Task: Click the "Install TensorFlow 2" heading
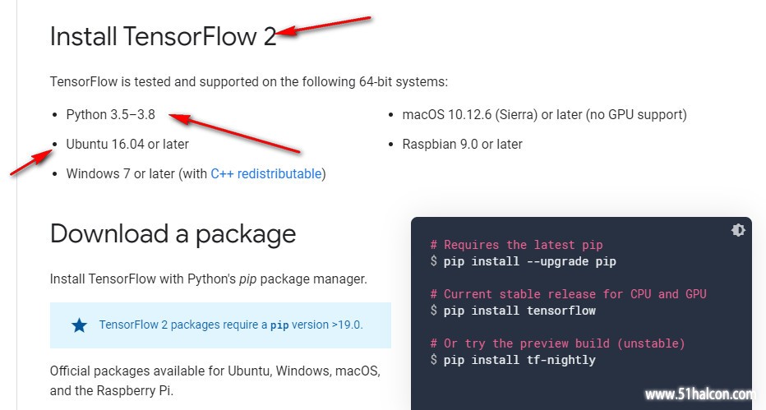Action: tap(164, 37)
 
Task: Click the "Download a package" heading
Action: tap(173, 234)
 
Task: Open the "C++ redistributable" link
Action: tap(266, 173)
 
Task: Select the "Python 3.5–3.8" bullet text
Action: tap(110, 115)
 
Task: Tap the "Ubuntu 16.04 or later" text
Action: tap(127, 144)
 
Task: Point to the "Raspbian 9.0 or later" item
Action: tap(462, 144)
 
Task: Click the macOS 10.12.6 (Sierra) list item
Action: tap(544, 115)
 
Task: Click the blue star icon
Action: tap(79, 325)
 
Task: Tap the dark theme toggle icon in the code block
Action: tap(738, 230)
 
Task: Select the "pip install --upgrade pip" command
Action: tap(529, 261)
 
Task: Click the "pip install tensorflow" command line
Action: tap(519, 311)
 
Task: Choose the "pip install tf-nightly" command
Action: tap(519, 360)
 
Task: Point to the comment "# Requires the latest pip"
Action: tap(516, 245)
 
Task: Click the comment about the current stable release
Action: tap(568, 294)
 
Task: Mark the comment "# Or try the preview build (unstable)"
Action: tap(557, 343)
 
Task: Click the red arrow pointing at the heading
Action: tap(323, 25)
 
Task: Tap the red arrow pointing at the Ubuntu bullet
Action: tap(32, 162)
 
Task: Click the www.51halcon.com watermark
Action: tap(700, 394)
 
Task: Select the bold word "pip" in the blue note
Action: tap(279, 325)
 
